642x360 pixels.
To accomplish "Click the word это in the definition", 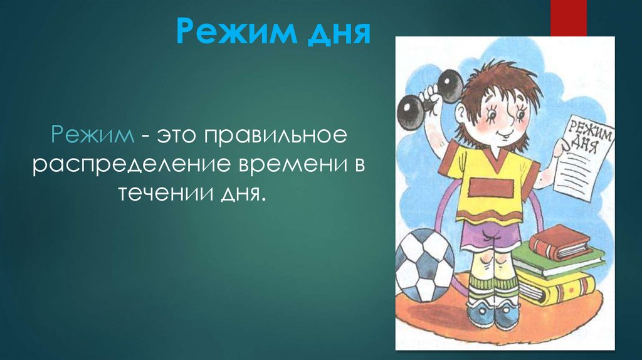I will (177, 135).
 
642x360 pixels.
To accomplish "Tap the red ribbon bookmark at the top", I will (568, 18).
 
